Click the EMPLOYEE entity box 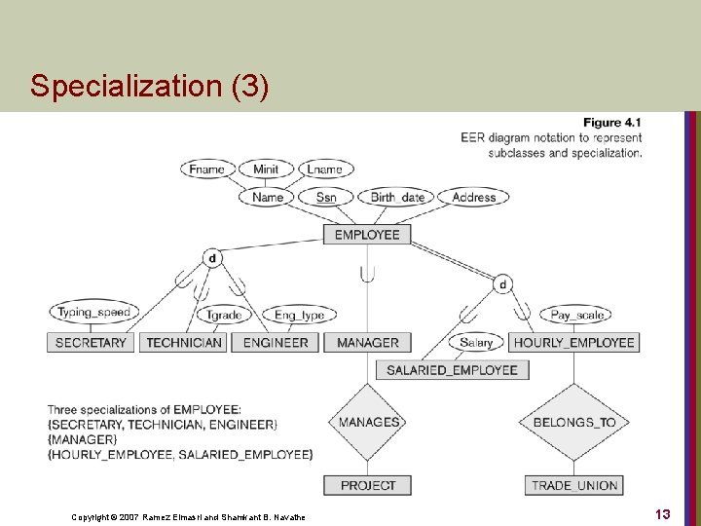[367, 235]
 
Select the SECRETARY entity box [91, 343]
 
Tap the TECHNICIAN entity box [184, 343]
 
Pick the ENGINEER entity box [276, 343]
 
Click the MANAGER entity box [367, 343]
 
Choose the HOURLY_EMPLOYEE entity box [573, 343]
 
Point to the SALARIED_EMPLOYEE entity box [452, 370]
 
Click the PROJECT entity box [367, 485]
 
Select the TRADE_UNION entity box [575, 485]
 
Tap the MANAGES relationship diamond [368, 423]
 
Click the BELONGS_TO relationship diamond [574, 423]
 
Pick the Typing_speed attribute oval [93, 313]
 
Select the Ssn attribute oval [326, 197]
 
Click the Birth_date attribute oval [397, 197]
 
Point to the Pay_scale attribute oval [576, 315]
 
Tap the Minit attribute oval [266, 169]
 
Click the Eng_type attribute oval [299, 315]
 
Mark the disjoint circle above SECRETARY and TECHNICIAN [212, 258]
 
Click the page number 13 [662, 513]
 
